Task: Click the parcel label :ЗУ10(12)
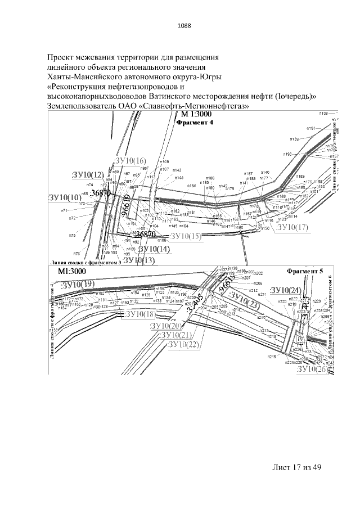tap(88, 175)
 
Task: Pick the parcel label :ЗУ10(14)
tap(154, 249)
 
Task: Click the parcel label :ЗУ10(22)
tap(184, 344)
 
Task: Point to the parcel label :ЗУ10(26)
tap(311, 370)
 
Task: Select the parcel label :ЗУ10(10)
tap(65, 197)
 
